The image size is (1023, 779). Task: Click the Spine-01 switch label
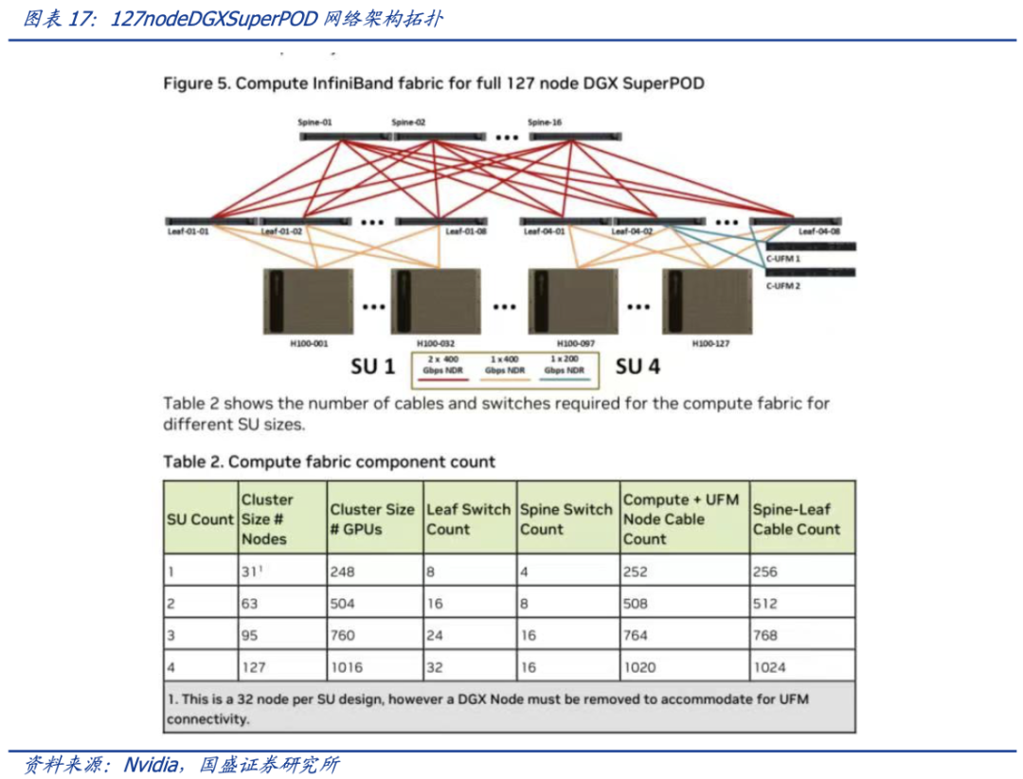click(319, 123)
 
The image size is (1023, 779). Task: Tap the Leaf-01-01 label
click(188, 230)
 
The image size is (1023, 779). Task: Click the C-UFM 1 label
click(782, 259)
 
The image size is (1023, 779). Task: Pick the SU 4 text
click(639, 366)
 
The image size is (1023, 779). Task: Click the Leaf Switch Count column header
click(468, 519)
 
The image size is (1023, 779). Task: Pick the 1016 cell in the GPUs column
click(346, 667)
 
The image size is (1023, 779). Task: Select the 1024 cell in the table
click(770, 667)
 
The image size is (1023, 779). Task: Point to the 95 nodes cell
click(252, 635)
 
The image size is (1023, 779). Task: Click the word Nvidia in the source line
click(152, 764)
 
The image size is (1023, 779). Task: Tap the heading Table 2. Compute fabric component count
click(329, 462)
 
